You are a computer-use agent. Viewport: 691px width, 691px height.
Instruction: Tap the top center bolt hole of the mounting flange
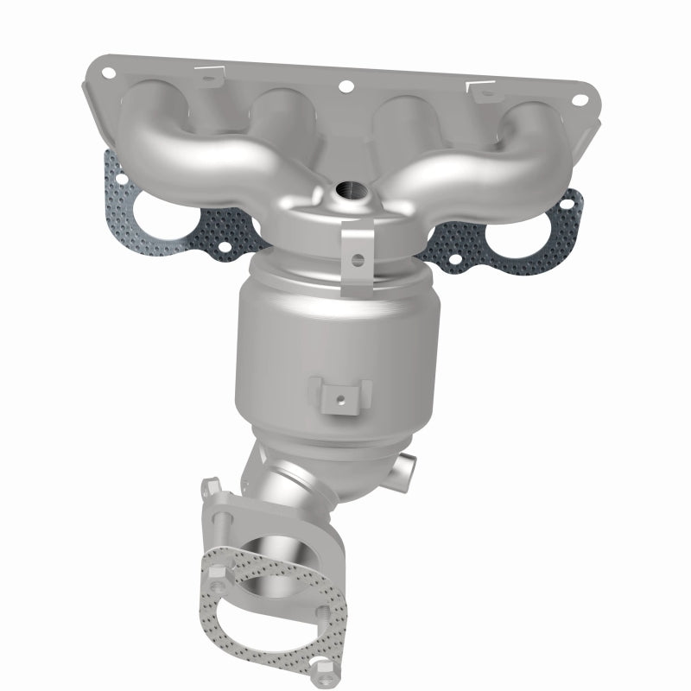coord(346,86)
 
